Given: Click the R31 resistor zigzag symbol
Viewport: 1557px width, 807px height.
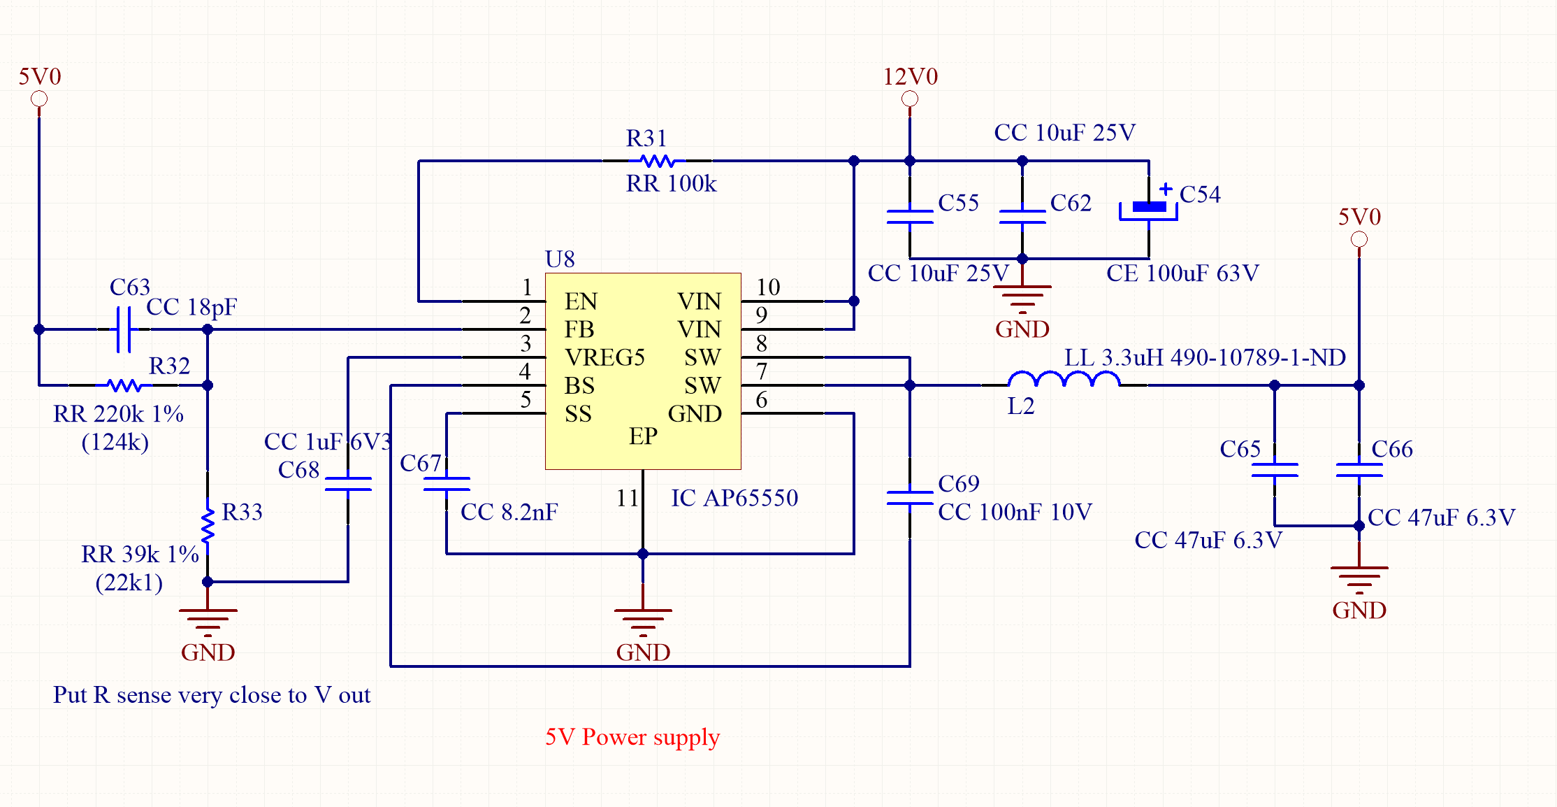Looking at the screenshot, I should click(657, 161).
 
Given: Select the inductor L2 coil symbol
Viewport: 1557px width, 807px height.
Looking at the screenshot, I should click(1064, 380).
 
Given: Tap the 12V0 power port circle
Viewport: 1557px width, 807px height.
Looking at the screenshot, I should click(910, 99).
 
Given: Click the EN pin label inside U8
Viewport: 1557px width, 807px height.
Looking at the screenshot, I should click(581, 301).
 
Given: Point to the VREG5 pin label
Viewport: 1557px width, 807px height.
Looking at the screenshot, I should click(604, 357).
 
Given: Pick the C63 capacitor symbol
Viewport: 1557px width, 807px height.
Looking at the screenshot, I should click(124, 329).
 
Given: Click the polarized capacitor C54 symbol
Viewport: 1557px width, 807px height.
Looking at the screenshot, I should click(1149, 208).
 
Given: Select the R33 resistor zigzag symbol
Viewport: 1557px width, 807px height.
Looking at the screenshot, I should click(208, 526).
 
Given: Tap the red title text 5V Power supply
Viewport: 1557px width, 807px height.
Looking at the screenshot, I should click(632, 737).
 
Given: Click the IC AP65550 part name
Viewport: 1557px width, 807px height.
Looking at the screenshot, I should click(734, 498).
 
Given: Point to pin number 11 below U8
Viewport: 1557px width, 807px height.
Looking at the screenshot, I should click(628, 498).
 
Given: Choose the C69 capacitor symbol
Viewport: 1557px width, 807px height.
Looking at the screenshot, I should click(910, 497).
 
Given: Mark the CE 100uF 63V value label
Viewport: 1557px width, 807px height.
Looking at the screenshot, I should click(1182, 273).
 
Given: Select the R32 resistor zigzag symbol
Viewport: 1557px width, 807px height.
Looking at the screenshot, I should click(124, 385).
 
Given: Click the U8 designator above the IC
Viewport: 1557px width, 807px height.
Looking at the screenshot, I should click(560, 259).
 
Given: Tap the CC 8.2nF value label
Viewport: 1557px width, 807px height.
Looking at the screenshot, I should click(509, 512).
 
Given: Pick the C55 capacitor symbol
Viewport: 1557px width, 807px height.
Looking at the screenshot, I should click(910, 216).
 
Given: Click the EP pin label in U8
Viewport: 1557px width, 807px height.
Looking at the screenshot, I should click(643, 436).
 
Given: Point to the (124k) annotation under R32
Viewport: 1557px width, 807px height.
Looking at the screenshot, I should click(115, 442).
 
